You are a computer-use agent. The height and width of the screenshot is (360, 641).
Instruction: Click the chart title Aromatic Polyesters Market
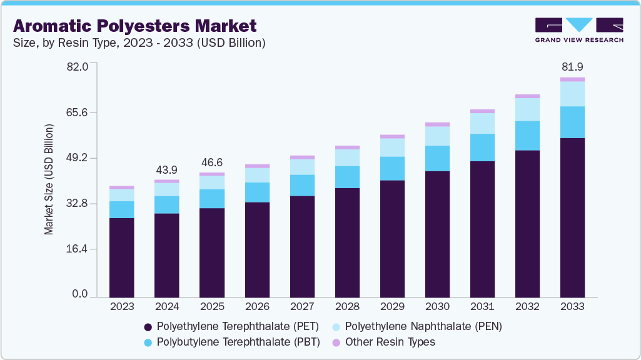pyautogui.click(x=134, y=26)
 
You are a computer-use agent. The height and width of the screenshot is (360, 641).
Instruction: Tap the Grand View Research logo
pyautogui.click(x=578, y=29)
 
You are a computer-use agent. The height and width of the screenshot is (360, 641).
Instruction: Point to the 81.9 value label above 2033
pyautogui.click(x=572, y=67)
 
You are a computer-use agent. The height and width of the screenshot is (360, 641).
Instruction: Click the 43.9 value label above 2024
pyautogui.click(x=167, y=170)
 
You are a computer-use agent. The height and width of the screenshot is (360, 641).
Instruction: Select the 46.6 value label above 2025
pyautogui.click(x=212, y=162)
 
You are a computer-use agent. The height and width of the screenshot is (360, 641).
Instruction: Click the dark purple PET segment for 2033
pyautogui.click(x=572, y=217)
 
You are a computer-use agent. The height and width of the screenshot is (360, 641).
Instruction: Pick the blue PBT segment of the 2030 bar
pyautogui.click(x=437, y=158)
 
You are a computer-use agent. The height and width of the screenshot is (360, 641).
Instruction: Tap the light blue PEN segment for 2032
pyautogui.click(x=527, y=109)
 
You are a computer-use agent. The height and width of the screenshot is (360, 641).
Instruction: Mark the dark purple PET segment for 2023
pyautogui.click(x=122, y=257)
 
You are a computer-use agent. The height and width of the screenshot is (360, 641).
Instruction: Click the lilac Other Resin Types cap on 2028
pyautogui.click(x=347, y=147)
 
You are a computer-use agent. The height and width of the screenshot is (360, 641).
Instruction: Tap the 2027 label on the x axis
pyautogui.click(x=302, y=307)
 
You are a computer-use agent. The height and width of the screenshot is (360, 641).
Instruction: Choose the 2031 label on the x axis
pyautogui.click(x=482, y=307)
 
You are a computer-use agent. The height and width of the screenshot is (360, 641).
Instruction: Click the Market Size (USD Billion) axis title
pyautogui.click(x=49, y=179)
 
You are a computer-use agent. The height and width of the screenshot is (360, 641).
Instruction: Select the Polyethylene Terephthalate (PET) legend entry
pyautogui.click(x=231, y=326)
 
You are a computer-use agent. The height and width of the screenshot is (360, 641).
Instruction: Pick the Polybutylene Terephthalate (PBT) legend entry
pyautogui.click(x=231, y=342)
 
